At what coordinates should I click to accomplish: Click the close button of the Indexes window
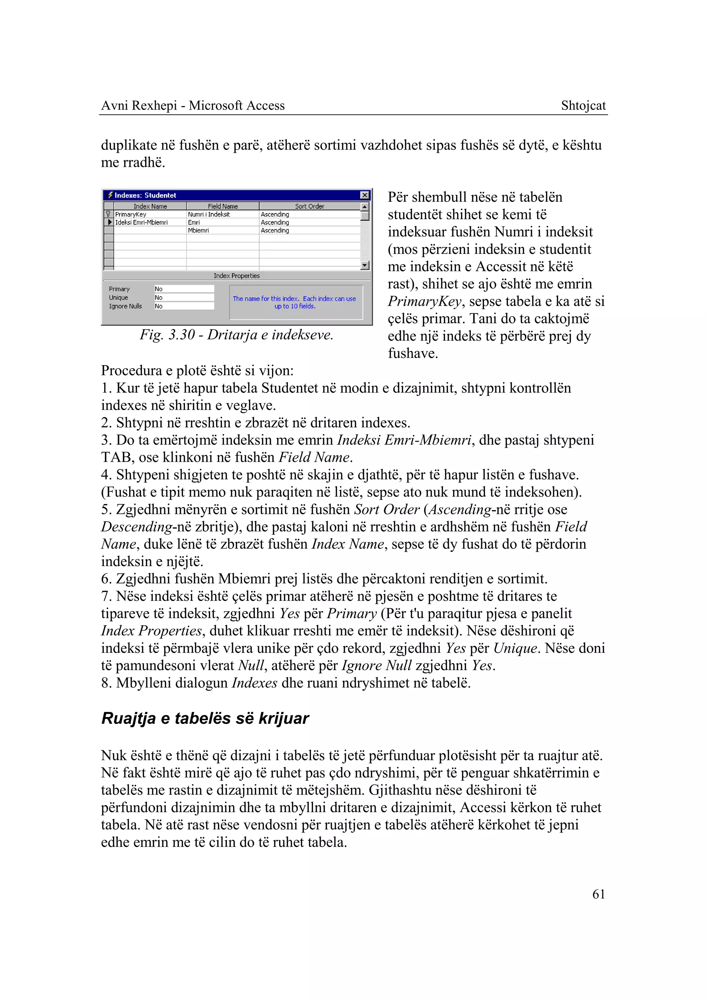(365, 195)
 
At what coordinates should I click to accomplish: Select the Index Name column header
(150, 206)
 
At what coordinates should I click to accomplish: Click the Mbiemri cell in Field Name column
(198, 230)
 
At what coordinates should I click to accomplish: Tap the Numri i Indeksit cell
(209, 215)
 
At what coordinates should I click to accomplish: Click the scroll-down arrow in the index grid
(365, 265)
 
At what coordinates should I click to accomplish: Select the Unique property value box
(184, 297)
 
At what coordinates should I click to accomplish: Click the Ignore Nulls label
(125, 306)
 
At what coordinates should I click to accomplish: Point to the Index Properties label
(236, 276)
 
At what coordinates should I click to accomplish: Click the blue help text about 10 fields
(294, 302)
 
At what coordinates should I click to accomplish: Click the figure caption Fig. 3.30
(236, 335)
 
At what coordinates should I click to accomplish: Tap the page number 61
(599, 894)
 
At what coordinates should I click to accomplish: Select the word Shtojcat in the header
(583, 105)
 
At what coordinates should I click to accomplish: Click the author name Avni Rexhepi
(139, 105)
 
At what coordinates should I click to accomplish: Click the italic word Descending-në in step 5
(137, 527)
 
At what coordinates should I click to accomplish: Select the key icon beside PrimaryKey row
(108, 215)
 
